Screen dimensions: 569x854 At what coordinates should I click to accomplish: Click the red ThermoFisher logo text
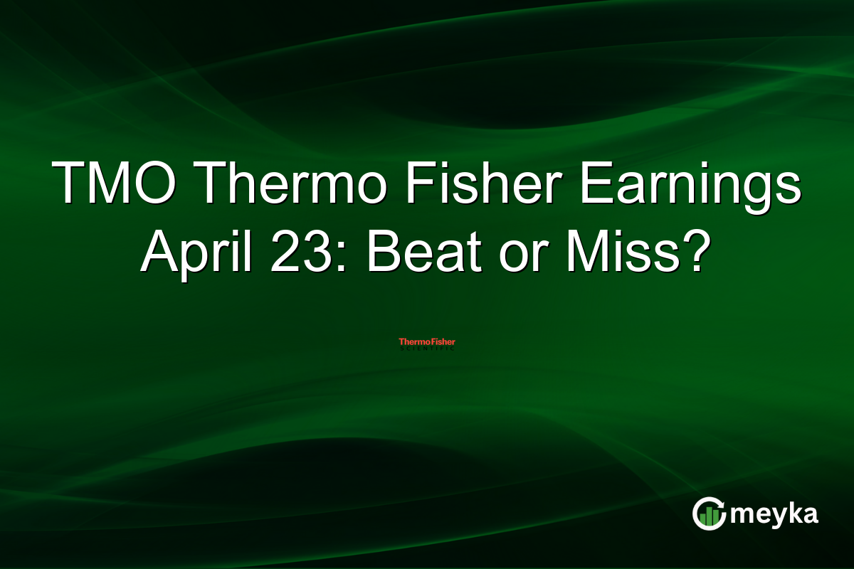coord(426,342)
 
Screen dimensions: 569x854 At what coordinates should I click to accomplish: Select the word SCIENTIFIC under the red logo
coord(426,349)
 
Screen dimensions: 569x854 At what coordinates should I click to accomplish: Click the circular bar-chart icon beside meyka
coord(709,514)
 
